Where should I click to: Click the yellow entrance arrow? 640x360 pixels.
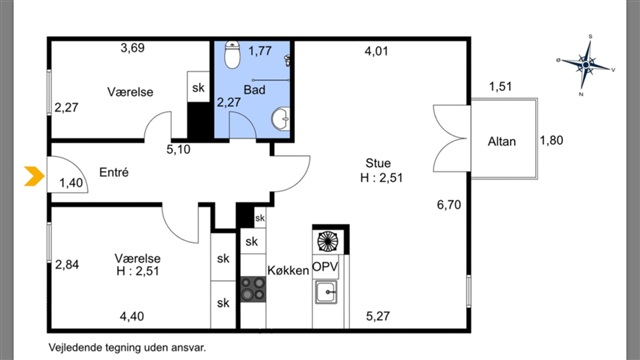tap(34, 176)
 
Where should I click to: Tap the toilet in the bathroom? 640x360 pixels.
tap(232, 54)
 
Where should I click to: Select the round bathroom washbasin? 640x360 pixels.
tap(281, 119)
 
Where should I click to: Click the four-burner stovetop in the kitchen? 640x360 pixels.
tap(253, 289)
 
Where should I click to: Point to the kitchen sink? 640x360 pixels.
tap(326, 292)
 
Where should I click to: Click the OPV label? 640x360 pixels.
tap(325, 267)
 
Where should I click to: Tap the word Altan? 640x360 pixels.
tap(502, 141)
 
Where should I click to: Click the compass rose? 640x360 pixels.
tap(586, 65)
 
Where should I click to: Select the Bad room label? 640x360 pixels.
tap(254, 89)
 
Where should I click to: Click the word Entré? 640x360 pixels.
tap(114, 172)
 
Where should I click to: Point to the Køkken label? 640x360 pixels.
tap(288, 270)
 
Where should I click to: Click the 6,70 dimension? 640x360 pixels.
tap(449, 204)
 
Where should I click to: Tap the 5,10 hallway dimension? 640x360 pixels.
tap(178, 149)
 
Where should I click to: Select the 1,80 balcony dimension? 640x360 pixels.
tap(551, 140)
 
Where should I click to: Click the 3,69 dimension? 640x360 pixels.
tap(133, 48)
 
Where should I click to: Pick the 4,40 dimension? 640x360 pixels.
tap(132, 316)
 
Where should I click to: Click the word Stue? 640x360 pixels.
tap(378, 163)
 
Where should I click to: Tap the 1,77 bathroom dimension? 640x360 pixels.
tap(260, 51)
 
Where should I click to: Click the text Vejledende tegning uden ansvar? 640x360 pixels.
tap(127, 348)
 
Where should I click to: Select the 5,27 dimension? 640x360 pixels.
tap(378, 316)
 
